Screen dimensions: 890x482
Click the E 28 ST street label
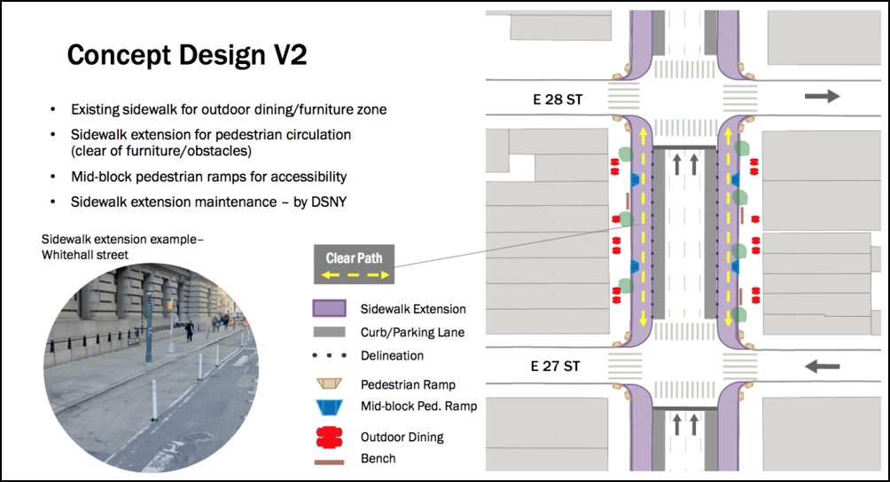(558, 99)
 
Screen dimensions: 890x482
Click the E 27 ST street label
(555, 366)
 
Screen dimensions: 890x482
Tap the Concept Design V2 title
(187, 55)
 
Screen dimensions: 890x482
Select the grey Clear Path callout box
(355, 265)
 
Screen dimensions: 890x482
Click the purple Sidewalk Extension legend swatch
(329, 308)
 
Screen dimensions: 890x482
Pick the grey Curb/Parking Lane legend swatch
(329, 332)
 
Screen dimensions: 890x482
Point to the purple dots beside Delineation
(329, 356)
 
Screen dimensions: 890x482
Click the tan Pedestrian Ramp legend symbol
(329, 383)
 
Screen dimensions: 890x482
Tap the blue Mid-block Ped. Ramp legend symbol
(329, 407)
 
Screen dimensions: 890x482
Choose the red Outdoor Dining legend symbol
(329, 437)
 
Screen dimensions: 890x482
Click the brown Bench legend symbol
(329, 462)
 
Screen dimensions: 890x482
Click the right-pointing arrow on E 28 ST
(822, 96)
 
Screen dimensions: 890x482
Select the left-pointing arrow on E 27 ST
(822, 366)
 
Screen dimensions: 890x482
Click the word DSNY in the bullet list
(329, 201)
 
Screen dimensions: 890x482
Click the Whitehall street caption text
(85, 255)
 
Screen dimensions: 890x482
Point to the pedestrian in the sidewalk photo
(190, 331)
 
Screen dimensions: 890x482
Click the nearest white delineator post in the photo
(154, 400)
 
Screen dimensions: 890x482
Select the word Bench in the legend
(378, 458)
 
